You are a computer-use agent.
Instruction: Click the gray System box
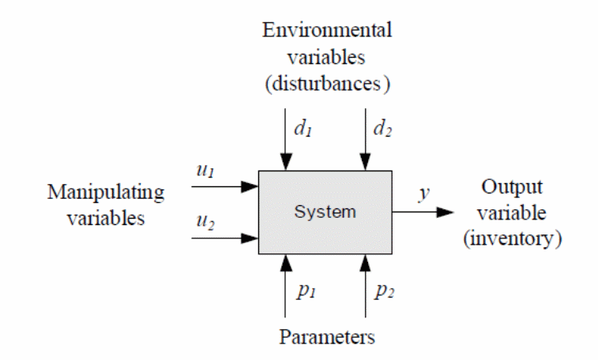click(325, 212)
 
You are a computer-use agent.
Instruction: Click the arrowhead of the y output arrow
click(446, 212)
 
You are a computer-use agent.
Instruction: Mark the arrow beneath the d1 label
click(287, 142)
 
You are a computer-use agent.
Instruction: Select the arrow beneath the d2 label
click(364, 142)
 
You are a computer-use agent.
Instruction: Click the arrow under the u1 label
click(225, 187)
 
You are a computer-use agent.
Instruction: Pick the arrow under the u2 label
click(225, 236)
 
